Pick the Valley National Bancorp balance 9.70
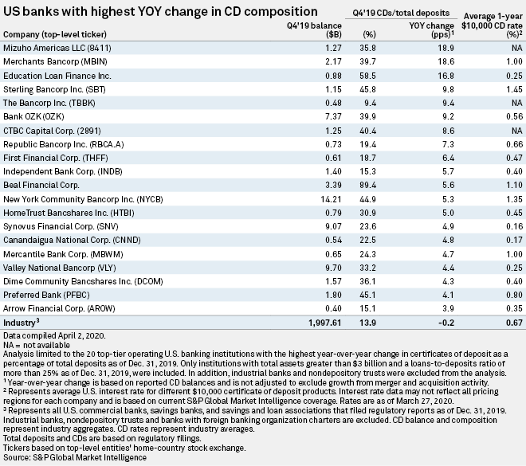click(x=300, y=264)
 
